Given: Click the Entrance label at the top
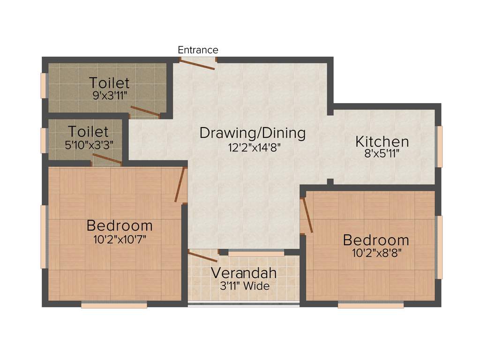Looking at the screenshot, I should [x=198, y=50].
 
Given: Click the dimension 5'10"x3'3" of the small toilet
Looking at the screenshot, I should [x=89, y=145].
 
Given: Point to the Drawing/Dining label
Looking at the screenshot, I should [x=252, y=133].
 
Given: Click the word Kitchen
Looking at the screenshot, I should [x=382, y=141].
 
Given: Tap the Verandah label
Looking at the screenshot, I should [x=243, y=273].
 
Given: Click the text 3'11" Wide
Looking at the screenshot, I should [x=245, y=285].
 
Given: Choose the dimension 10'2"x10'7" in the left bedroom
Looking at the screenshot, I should [x=120, y=240].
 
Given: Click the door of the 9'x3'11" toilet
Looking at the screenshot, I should [x=145, y=111].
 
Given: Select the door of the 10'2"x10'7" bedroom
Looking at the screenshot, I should [x=179, y=185].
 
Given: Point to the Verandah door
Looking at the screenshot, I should [x=202, y=256].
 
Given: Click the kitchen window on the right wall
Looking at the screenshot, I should [x=439, y=146].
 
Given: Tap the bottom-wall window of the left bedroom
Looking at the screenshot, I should [x=114, y=305].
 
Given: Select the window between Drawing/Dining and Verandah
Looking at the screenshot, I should [x=256, y=254].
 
